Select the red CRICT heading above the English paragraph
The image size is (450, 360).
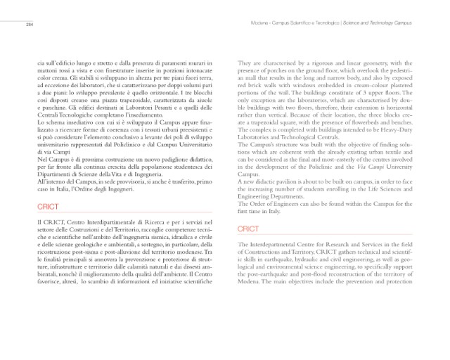[x=248, y=229]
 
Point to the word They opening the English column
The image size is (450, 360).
[x=245, y=63]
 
